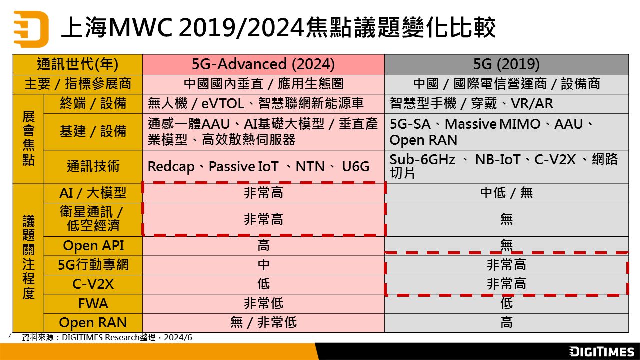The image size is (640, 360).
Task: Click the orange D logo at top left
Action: tap(31, 29)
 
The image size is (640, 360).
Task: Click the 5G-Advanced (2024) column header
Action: tap(263, 64)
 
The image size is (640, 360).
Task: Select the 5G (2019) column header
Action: tap(506, 64)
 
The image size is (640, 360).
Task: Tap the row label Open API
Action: tap(93, 246)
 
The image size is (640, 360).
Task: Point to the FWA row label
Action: tap(93, 303)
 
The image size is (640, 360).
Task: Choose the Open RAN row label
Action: tap(93, 323)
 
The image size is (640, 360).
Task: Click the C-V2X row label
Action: tap(93, 284)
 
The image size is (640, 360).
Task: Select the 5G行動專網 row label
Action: tap(93, 265)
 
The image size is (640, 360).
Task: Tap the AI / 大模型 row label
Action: tap(93, 193)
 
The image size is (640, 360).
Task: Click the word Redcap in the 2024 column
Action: tap(171, 167)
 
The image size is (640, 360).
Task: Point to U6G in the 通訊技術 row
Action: tap(355, 167)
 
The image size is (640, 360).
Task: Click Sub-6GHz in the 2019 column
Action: tap(422, 159)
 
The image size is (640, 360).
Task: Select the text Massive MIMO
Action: tap(492, 124)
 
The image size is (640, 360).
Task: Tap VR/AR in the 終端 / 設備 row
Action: tap(532, 103)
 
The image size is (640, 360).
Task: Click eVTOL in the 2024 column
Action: tap(223, 103)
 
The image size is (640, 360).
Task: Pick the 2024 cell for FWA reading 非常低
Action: tap(263, 303)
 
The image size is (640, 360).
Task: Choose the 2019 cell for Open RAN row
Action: tap(506, 323)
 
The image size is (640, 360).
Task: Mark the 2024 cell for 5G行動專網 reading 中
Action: tap(263, 265)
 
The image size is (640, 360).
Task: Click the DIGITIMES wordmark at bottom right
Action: tap(601, 351)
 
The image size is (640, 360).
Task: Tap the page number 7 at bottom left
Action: tap(10, 335)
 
